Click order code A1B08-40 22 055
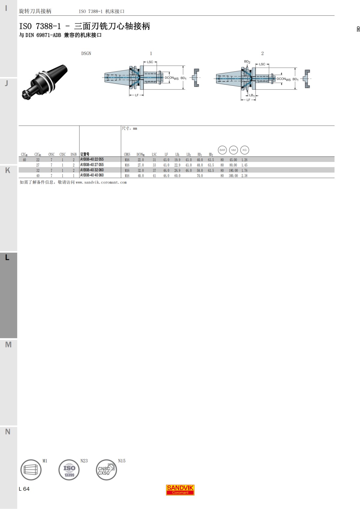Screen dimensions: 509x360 coord(92,159)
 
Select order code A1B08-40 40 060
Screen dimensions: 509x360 coord(92,175)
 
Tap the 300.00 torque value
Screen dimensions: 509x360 coord(233,176)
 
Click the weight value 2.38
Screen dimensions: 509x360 coord(244,176)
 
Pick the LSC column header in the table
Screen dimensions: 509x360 coord(154,155)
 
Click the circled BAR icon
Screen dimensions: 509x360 coord(222,150)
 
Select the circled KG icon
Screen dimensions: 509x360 coord(244,150)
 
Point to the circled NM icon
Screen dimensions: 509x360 coord(233,150)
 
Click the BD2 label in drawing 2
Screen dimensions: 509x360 coord(247,62)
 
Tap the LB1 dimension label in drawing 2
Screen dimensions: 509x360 coord(252,96)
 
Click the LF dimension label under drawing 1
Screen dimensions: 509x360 coord(137,95)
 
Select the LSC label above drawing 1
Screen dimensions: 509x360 coord(150,62)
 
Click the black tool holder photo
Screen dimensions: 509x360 coord(44,82)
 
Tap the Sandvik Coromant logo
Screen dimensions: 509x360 coord(180,490)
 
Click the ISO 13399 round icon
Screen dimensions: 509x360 coord(69,470)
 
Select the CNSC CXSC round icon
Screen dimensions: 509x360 coord(106,470)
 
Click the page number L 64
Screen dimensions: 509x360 coord(24,489)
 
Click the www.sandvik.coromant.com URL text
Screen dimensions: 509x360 coord(101,183)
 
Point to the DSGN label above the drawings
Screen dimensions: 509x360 coord(86,53)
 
